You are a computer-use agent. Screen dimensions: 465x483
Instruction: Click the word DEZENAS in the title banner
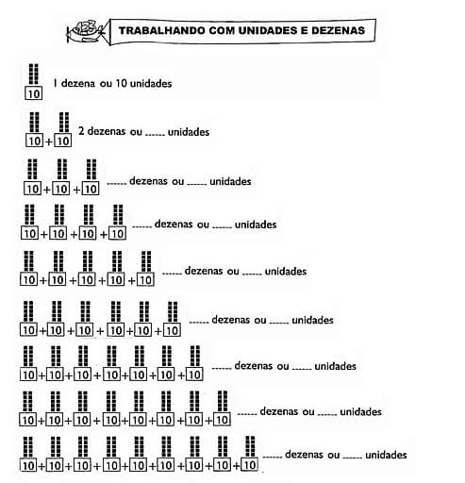[338, 30]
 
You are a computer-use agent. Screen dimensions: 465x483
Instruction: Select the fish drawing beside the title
[86, 30]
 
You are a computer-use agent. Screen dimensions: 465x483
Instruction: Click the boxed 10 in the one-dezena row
[34, 93]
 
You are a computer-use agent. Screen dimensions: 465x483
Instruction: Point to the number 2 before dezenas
[81, 130]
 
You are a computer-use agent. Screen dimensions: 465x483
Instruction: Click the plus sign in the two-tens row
[48, 142]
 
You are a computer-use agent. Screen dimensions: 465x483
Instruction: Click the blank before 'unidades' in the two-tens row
[155, 135]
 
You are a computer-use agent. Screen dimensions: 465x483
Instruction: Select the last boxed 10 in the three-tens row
[91, 189]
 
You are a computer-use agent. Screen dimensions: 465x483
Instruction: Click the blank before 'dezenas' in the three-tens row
[116, 184]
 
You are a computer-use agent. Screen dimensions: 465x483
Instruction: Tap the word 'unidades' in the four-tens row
[256, 225]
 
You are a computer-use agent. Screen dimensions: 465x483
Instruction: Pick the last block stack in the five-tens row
[146, 261]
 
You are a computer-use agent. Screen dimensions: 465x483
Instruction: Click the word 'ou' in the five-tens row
[233, 271]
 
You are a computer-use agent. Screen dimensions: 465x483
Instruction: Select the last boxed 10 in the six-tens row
[173, 330]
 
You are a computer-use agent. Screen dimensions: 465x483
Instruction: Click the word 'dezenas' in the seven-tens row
[255, 366]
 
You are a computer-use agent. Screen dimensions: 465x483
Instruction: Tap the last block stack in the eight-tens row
[223, 401]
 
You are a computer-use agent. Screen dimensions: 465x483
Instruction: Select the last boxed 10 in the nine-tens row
[250, 465]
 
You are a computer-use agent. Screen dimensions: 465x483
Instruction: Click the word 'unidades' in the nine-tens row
[386, 455]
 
